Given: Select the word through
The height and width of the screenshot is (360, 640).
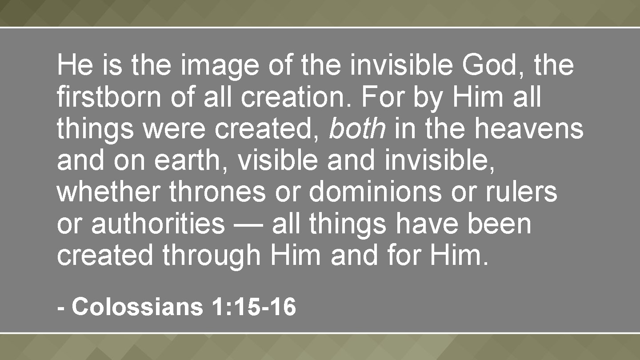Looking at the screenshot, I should pos(211,257).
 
